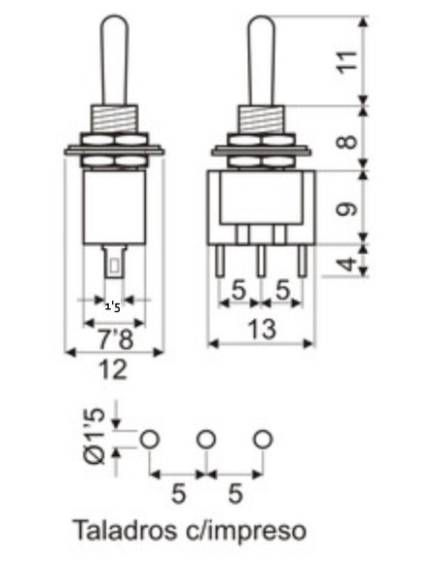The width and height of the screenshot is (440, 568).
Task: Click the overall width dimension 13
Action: [262, 329]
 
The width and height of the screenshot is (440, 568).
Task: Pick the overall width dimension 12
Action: [114, 369]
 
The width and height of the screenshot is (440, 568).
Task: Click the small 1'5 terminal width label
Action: [113, 307]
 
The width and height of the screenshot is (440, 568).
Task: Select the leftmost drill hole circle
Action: [149, 440]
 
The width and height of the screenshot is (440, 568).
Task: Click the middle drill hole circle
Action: [205, 440]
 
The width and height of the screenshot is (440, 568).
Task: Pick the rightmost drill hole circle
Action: [261, 440]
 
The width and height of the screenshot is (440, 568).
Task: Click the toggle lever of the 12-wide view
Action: [114, 58]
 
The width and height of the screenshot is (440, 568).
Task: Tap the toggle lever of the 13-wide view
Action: [262, 58]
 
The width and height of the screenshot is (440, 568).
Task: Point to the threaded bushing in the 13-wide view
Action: [262, 121]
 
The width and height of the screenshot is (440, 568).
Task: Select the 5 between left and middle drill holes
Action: [178, 494]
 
